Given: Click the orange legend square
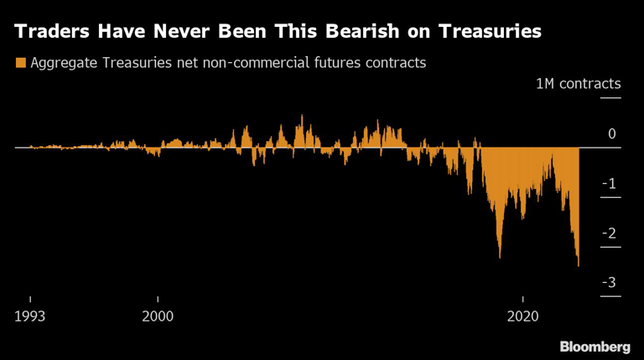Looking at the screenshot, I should click(19, 63).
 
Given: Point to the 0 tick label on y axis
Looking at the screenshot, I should click(611, 134).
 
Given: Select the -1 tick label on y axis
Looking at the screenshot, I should click(610, 184).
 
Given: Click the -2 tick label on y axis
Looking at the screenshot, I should click(610, 233).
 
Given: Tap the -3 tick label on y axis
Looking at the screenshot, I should click(610, 283).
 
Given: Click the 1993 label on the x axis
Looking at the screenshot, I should click(30, 316).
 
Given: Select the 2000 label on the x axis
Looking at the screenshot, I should click(158, 316).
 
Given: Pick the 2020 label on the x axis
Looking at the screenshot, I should click(522, 316).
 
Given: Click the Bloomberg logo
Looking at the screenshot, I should click(595, 346).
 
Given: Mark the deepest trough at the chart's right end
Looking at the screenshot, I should click(578, 265).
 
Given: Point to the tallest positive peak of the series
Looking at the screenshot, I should click(302, 117).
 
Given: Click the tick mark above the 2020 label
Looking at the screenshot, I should click(522, 300).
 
